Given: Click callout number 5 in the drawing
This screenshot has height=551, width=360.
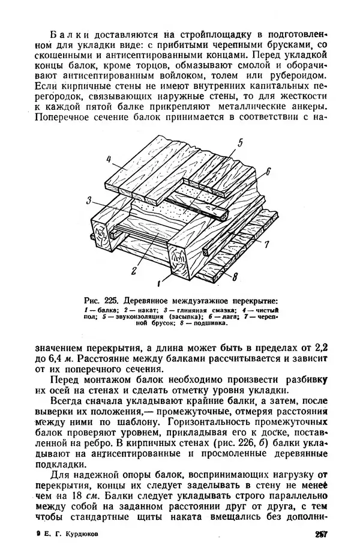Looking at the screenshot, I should (x=239, y=142).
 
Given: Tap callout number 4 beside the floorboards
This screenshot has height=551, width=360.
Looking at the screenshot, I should (x=109, y=160).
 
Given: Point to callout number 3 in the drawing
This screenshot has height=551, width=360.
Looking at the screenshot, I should (x=88, y=200).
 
